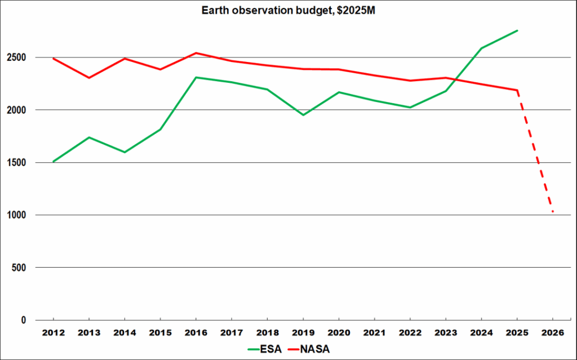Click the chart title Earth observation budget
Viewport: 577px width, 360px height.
pos(288,11)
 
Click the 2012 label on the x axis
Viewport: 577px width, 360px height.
pos(53,333)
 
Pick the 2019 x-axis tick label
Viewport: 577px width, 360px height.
pos(303,333)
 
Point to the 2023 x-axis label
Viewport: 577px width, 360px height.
pos(445,333)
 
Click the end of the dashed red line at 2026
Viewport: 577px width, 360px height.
pos(553,212)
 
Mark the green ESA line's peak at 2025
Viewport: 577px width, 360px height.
pos(517,30)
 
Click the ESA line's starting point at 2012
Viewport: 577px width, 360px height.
pos(53,162)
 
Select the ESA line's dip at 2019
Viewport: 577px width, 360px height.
pos(303,115)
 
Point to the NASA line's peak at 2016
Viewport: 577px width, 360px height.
pos(196,53)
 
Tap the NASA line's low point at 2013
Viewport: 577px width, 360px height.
pos(88,78)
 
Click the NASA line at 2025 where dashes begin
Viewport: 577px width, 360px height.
pos(517,90)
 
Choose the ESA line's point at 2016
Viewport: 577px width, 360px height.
pos(196,77)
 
